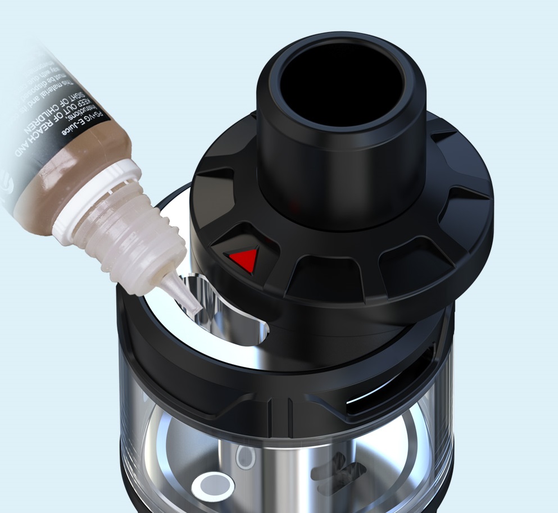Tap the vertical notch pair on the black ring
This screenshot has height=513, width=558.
click(x=279, y=416)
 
